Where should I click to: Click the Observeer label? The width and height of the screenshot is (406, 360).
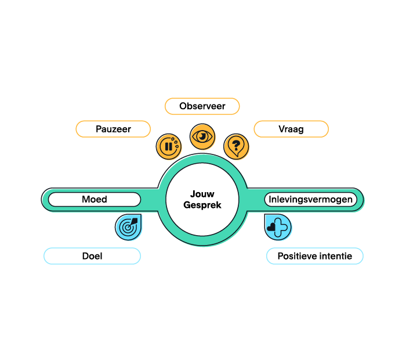point(202,106)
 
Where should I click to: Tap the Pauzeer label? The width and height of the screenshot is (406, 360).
point(113,129)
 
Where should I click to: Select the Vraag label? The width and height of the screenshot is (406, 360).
point(291,129)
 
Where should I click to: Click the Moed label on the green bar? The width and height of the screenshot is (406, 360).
point(95,199)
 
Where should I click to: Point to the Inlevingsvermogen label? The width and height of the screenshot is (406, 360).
point(311,199)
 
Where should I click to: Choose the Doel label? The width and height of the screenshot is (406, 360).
point(92,256)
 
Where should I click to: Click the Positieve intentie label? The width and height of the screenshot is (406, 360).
point(315,256)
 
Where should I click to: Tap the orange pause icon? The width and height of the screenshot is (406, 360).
point(169,147)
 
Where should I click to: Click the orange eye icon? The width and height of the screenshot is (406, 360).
point(202,136)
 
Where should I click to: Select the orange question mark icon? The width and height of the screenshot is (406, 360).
point(236,147)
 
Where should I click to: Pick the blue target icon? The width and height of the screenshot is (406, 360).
point(128,227)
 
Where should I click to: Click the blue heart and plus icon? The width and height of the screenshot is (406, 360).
point(278,227)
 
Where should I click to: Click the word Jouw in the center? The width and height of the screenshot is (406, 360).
point(202,194)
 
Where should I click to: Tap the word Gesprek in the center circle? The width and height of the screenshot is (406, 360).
point(202,205)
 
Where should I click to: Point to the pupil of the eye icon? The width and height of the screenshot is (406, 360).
point(202,136)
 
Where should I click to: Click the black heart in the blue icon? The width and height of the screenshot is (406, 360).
point(271,227)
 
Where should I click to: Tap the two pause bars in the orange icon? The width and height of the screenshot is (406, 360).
point(169,147)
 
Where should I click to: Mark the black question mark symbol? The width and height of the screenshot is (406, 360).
point(236,145)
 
